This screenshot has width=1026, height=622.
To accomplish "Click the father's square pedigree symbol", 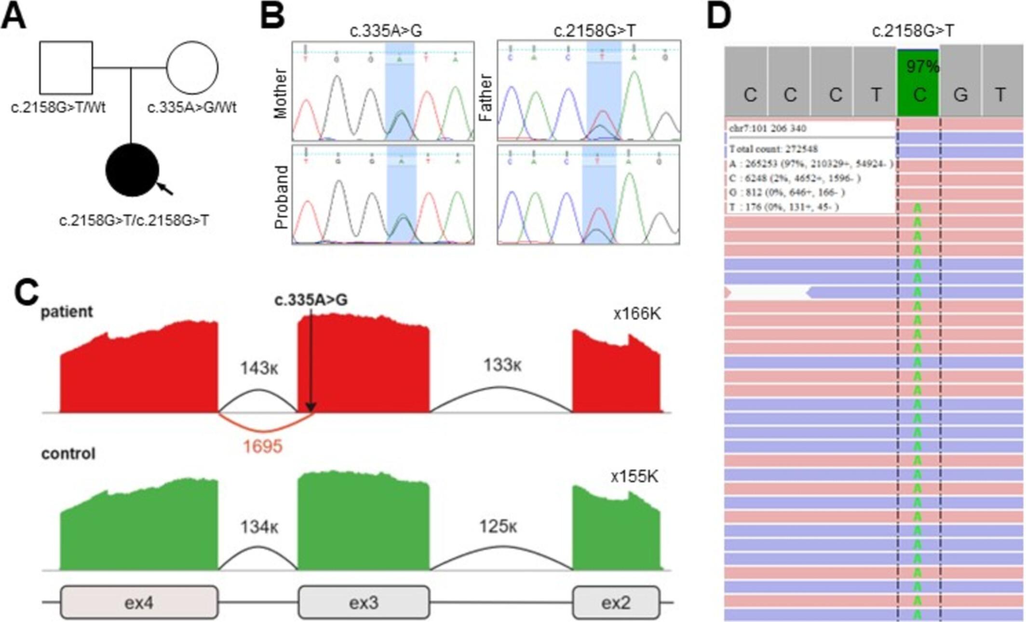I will (66, 68).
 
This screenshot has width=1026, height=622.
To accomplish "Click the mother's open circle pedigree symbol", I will (192, 68).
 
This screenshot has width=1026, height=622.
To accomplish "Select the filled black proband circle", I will (132, 170).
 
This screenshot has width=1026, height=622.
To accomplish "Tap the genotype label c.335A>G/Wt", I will (191, 107).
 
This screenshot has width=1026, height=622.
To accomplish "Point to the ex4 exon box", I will (139, 602).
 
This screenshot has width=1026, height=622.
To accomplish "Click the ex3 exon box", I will (364, 602).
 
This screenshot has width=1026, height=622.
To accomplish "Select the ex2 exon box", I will (616, 602).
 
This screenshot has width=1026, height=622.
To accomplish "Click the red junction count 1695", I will (262, 446).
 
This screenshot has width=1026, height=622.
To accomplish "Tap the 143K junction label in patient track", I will (259, 368).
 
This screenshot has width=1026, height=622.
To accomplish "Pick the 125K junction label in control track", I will (498, 527).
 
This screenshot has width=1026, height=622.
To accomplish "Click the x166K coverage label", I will (637, 314).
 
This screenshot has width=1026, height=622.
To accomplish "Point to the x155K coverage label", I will (634, 476).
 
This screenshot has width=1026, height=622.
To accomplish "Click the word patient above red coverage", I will (67, 311).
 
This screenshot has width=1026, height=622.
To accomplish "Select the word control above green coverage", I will (68, 454).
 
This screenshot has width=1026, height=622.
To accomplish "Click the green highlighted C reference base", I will (918, 95).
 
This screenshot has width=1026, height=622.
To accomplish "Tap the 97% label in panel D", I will (922, 67).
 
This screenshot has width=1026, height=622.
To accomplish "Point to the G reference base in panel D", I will (960, 95).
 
